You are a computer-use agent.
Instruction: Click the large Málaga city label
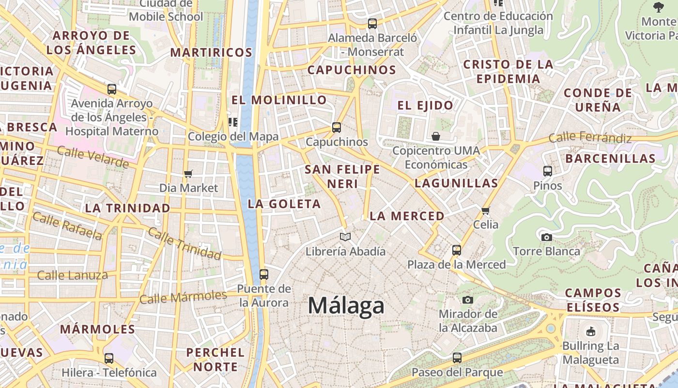click(x=346, y=306)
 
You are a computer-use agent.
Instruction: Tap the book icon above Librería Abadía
click(x=345, y=237)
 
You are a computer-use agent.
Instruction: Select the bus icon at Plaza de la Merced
click(x=457, y=250)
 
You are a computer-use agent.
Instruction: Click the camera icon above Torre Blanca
click(x=546, y=237)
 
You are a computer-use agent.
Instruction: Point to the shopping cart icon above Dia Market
click(x=188, y=174)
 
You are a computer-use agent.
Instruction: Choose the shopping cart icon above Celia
click(x=486, y=210)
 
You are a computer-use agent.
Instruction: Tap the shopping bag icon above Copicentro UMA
click(x=436, y=136)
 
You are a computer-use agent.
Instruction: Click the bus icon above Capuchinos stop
click(x=337, y=128)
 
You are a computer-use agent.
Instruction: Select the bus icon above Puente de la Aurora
click(x=264, y=275)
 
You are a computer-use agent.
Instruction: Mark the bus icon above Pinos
click(x=548, y=171)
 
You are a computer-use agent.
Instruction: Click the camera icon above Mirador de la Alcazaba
click(x=467, y=300)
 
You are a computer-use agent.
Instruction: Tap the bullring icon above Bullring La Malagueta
click(x=590, y=332)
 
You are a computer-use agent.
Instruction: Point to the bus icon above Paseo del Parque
click(x=457, y=358)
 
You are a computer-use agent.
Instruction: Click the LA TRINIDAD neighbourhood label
click(x=127, y=208)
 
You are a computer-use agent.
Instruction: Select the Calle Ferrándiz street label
click(x=590, y=138)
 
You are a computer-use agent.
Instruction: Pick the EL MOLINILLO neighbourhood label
click(x=279, y=100)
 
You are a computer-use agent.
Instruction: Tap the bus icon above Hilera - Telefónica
click(x=109, y=358)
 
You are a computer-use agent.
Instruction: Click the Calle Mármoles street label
click(x=183, y=297)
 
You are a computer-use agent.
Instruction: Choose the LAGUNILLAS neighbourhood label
click(x=456, y=183)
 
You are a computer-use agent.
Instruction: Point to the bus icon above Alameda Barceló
click(x=372, y=23)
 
